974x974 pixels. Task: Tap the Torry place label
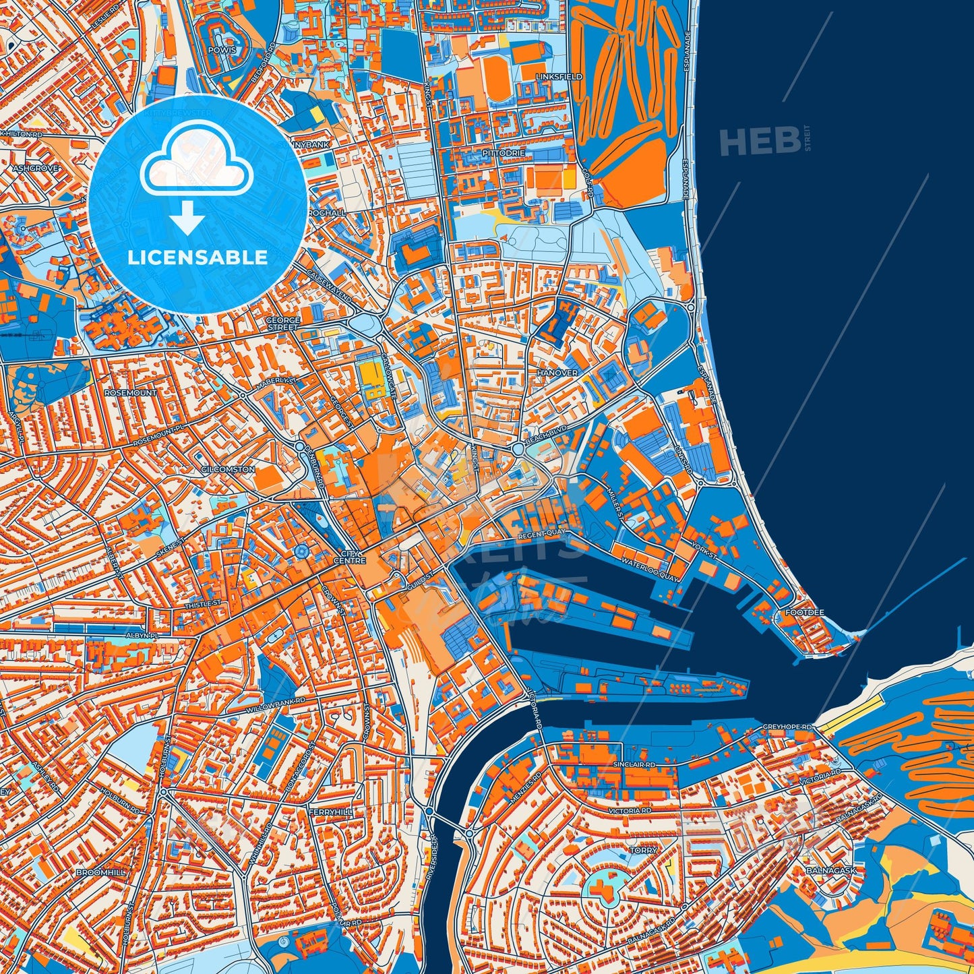click(x=643, y=851)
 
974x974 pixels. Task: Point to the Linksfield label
click(x=559, y=77)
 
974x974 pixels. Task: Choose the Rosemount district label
click(x=131, y=392)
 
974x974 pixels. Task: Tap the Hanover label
click(x=557, y=373)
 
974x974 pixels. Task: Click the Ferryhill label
click(x=330, y=813)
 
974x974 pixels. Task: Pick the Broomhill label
click(x=100, y=872)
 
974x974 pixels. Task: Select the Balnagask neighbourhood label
click(x=830, y=870)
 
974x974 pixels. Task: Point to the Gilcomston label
click(x=228, y=469)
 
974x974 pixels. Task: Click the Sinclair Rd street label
click(x=634, y=765)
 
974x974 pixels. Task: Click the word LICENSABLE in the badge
click(x=197, y=257)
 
